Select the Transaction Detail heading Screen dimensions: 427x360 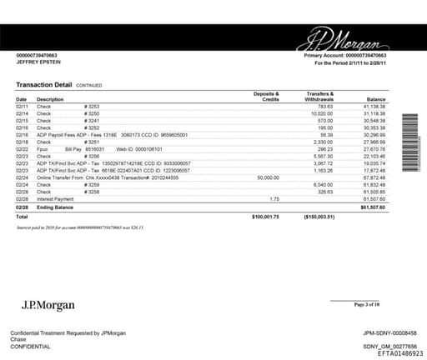(44, 85)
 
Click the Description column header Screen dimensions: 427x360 (50, 99)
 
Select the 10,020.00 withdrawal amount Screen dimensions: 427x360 (319, 114)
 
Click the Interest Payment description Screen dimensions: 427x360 (57, 198)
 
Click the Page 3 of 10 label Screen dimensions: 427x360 (366, 305)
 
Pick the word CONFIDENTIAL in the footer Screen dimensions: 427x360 (29, 345)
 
